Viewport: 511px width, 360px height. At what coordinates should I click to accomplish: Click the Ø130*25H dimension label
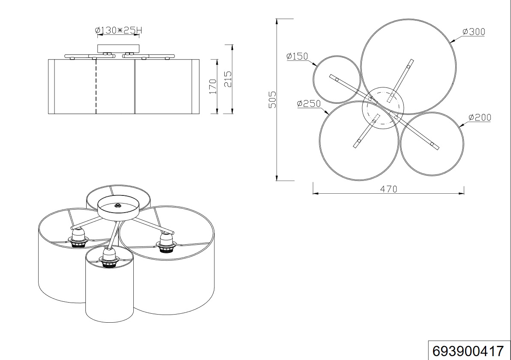pos(119,30)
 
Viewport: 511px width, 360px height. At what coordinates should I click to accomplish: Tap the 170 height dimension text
pos(213,86)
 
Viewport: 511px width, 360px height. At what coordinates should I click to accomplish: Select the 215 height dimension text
pos(228,79)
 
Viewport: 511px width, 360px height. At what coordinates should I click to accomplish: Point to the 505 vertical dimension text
pos(272,99)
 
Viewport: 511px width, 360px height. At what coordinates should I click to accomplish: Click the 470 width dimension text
pos(388,189)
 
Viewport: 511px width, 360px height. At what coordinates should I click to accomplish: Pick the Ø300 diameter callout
pos(474,32)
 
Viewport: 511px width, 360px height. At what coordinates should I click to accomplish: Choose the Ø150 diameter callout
pos(297,56)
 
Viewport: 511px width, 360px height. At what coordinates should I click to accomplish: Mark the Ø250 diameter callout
pos(309,104)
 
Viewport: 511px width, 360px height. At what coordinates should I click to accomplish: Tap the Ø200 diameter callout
pos(480,117)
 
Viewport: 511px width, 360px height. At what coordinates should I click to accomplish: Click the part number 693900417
pos(468,351)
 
